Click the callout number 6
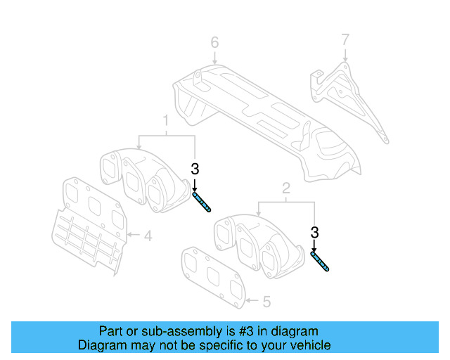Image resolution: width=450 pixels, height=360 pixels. point(215,43)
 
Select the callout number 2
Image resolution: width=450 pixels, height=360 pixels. point(286,188)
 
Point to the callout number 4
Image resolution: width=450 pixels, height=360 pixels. point(148,236)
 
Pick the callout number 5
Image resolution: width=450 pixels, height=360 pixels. point(266,302)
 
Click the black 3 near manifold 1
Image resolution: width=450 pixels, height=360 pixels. point(195,169)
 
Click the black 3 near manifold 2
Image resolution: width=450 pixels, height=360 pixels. point(314,232)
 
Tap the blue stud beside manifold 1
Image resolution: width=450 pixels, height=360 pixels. point(201,202)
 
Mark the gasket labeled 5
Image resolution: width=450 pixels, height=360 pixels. point(211,276)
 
